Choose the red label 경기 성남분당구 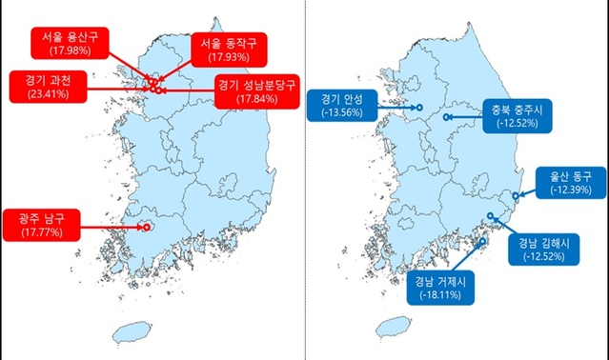tap(254, 91)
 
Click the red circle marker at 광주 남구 tap(146, 227)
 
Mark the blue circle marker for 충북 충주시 tap(445, 118)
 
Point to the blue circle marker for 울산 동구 tap(515, 196)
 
